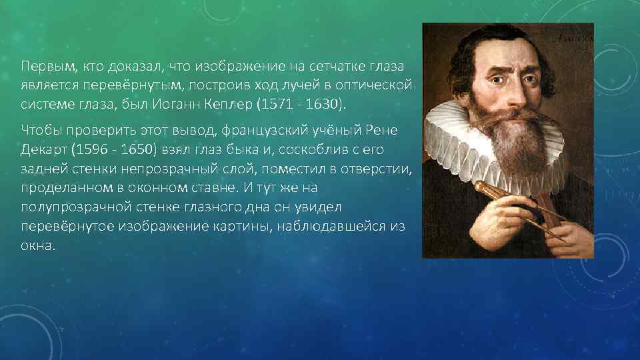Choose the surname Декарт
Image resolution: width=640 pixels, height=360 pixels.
point(45,147)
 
